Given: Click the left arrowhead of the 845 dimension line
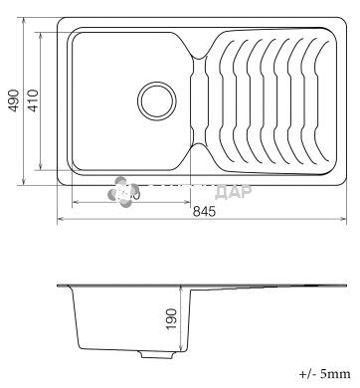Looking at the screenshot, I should [x=60, y=218].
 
